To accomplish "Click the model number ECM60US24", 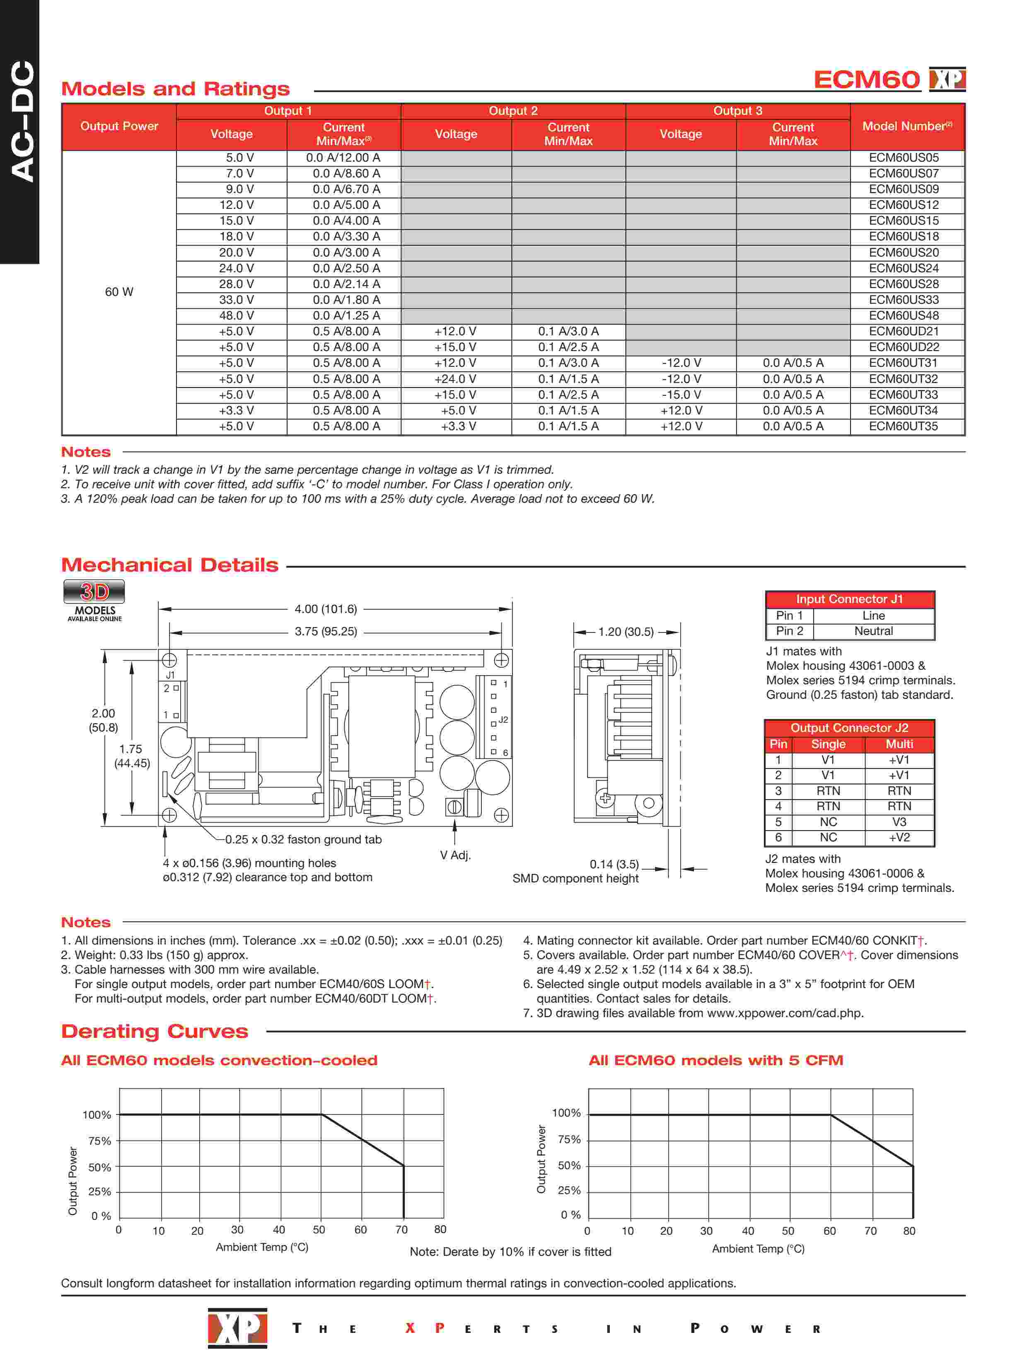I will click(903, 268).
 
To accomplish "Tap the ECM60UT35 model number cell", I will click(903, 426).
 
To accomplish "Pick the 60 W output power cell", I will click(119, 292).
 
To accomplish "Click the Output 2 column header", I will click(513, 111).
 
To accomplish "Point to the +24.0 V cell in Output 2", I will click(455, 379).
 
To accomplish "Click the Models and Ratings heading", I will click(175, 89).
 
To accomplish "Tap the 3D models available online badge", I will click(94, 600).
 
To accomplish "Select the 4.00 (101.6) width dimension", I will click(326, 609).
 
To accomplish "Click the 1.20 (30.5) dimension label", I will click(626, 632).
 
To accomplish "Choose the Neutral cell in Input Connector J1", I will click(873, 631).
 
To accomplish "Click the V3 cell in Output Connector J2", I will click(899, 822).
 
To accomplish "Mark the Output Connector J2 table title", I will click(849, 728).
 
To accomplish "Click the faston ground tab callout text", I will click(303, 839).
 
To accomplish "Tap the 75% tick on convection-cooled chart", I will click(100, 1141).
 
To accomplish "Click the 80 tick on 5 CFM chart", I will click(909, 1231).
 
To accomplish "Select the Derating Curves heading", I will click(154, 1031).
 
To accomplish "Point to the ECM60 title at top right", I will click(866, 80).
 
